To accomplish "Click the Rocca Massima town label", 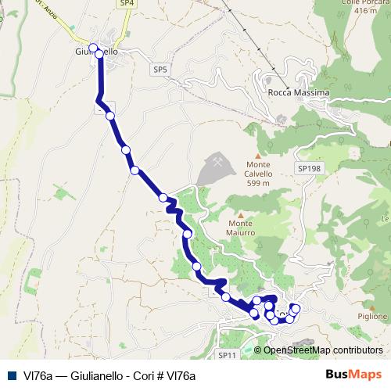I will (x=299, y=92).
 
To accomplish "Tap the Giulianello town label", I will (x=96, y=52).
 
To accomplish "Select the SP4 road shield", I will (x=127, y=4).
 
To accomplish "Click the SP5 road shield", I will (x=160, y=70).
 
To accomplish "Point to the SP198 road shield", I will (x=309, y=168).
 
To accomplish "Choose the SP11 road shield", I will (x=227, y=356).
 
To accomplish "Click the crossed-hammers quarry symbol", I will (x=216, y=161).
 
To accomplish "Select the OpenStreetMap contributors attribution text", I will (x=323, y=350).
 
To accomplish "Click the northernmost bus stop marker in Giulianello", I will (x=93, y=48).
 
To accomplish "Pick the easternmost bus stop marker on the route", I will (x=295, y=308).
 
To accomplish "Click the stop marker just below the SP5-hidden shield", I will (x=110, y=116).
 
